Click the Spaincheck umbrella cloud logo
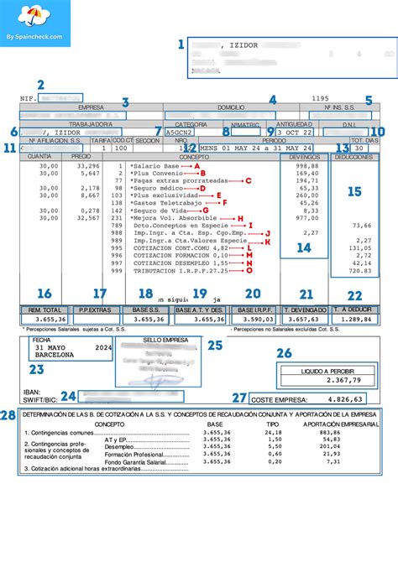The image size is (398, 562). (x=26, y=16)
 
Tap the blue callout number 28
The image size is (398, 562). (x=8, y=416)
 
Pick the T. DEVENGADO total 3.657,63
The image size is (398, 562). (x=304, y=320)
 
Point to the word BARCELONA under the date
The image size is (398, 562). (x=55, y=355)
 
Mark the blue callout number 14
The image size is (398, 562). (x=304, y=247)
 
